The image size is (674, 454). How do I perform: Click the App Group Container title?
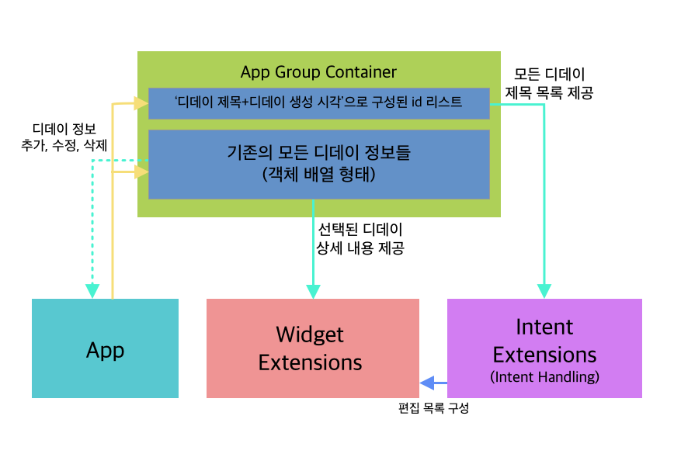[318, 71]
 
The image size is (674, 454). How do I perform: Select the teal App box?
[106, 348]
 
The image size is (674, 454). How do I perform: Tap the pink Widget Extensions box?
[313, 348]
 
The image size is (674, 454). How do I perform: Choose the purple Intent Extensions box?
[544, 348]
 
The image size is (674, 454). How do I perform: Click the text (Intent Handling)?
[544, 376]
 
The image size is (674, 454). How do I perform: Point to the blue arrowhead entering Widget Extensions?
[427, 383]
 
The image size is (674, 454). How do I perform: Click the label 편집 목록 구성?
[433, 407]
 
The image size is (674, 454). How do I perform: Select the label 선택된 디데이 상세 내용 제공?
[360, 239]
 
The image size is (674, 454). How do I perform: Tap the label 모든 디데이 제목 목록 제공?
[549, 83]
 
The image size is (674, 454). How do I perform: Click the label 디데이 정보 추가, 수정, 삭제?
[64, 137]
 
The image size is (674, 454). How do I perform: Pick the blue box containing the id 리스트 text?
[319, 103]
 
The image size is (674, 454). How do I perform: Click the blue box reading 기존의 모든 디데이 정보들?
[319, 165]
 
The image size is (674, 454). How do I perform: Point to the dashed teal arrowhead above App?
[92, 291]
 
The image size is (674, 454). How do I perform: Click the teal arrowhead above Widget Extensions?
[313, 291]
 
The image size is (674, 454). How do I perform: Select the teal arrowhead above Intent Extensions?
[544, 291]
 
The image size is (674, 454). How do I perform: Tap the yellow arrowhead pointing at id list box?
[141, 103]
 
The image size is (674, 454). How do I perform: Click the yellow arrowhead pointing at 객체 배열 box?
[141, 172]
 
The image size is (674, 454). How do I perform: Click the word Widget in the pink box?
[310, 334]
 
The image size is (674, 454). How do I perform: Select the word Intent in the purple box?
[544, 327]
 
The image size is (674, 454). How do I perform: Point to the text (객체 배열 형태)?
[319, 175]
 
